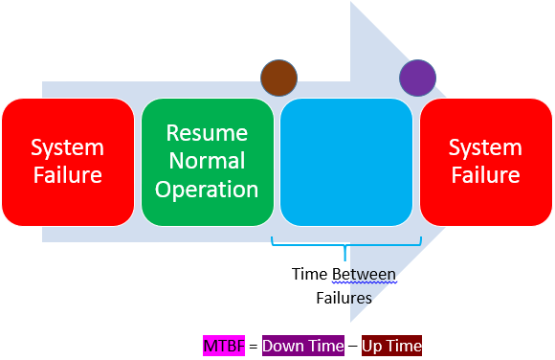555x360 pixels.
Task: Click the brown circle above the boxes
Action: pyautogui.click(x=278, y=78)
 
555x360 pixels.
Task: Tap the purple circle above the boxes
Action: pyautogui.click(x=417, y=78)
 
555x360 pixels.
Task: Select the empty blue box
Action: pyautogui.click(x=346, y=162)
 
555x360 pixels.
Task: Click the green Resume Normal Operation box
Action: pyautogui.click(x=208, y=162)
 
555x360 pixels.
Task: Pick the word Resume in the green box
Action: pyautogui.click(x=207, y=133)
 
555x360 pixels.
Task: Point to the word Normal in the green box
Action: pyautogui.click(x=207, y=161)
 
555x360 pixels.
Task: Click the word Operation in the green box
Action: pyautogui.click(x=207, y=190)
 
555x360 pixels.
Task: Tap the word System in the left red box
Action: pyautogui.click(x=68, y=148)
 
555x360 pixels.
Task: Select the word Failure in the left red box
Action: pyautogui.click(x=68, y=174)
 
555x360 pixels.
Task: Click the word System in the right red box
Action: pyautogui.click(x=486, y=148)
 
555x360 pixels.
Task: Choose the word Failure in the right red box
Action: pyautogui.click(x=486, y=174)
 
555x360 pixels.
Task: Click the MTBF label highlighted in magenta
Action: pyautogui.click(x=224, y=346)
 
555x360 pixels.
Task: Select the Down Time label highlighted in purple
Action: pyautogui.click(x=303, y=346)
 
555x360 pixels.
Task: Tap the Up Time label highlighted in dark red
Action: pyautogui.click(x=391, y=346)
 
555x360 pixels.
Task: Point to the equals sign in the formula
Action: pyautogui.click(x=253, y=346)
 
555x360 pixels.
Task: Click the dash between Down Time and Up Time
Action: pyautogui.click(x=353, y=346)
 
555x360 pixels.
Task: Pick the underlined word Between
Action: pyautogui.click(x=364, y=274)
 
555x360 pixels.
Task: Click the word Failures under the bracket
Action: pyautogui.click(x=344, y=298)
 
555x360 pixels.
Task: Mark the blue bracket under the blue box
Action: pyautogui.click(x=345, y=245)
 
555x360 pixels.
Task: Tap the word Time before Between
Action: pyautogui.click(x=309, y=274)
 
